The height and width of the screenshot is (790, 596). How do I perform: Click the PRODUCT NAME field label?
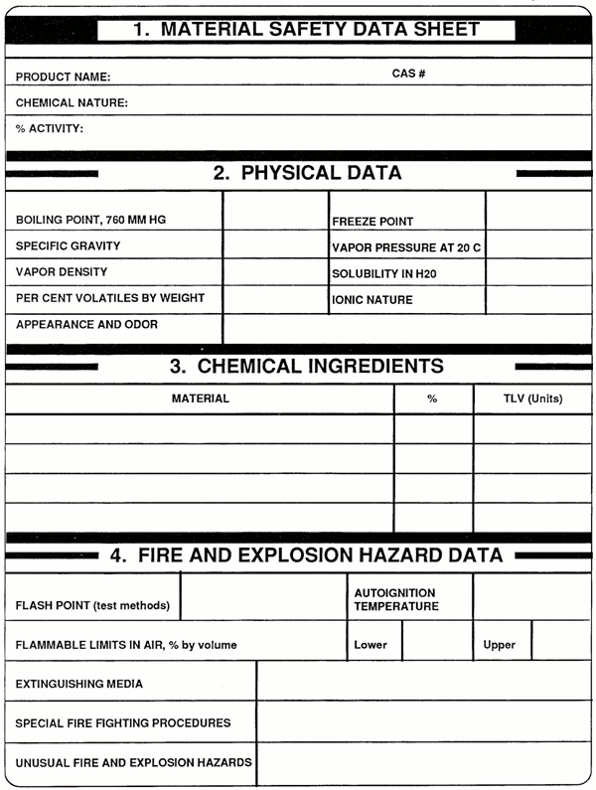point(64,77)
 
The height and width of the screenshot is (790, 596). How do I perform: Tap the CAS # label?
point(408,74)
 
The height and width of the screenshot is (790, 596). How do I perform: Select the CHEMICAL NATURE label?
point(72,102)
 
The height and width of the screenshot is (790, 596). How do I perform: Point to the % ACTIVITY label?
point(50,128)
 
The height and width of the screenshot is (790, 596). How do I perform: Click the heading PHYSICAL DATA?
point(307,173)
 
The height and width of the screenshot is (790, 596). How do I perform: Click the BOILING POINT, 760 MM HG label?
point(84,220)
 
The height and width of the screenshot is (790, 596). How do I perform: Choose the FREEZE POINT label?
point(372,222)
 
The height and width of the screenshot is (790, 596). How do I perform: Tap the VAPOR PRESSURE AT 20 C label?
point(406,247)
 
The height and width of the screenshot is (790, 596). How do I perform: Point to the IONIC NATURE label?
point(372,300)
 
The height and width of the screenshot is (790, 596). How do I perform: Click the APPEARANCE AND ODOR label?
point(86,324)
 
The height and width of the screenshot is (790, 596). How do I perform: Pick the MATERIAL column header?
point(201,398)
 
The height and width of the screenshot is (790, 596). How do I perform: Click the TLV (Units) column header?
point(532,399)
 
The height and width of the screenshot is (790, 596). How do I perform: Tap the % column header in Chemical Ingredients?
point(432,399)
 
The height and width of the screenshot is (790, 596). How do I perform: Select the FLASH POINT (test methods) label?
point(92,605)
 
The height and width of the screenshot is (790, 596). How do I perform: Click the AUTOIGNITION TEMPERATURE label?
point(396,599)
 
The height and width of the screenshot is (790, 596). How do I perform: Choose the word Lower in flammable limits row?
point(371,645)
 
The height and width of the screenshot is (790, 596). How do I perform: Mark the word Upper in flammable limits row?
point(500,645)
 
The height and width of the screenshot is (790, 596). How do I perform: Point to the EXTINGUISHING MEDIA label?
point(79,684)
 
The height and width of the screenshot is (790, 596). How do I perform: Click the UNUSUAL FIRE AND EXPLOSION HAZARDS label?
point(133,763)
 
